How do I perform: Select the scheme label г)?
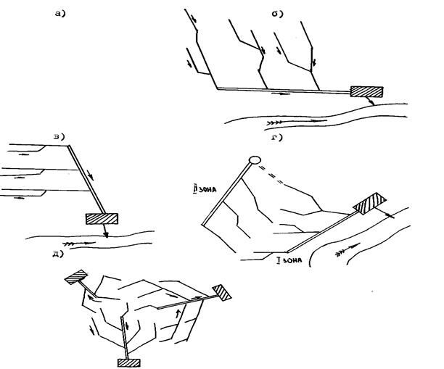tap(276, 137)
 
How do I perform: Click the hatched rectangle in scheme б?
tap(366, 91)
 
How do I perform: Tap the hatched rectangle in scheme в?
tap(102, 218)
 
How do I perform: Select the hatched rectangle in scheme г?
tap(370, 204)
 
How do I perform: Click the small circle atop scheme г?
tap(254, 159)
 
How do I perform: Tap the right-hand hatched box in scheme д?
tap(222, 292)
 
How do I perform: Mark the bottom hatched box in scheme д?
tap(128, 362)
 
